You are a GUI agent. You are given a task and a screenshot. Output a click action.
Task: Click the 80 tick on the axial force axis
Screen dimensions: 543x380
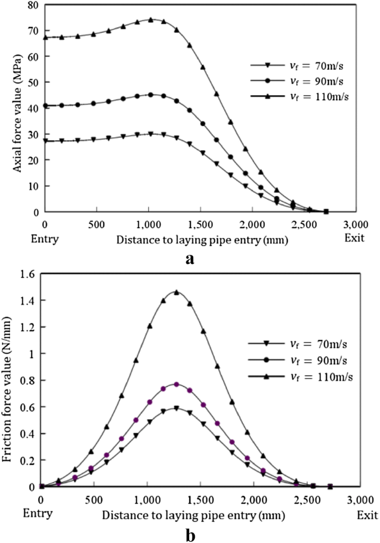click(x=34, y=6)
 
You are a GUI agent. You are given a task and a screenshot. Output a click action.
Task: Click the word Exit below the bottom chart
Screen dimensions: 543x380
click(x=366, y=515)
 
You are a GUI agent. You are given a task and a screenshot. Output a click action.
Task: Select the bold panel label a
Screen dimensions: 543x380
click(x=190, y=258)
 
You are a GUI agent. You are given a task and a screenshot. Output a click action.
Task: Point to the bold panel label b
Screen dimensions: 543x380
click(x=190, y=535)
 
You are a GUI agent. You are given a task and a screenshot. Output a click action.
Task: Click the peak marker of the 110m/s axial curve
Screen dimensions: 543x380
click(x=150, y=20)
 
